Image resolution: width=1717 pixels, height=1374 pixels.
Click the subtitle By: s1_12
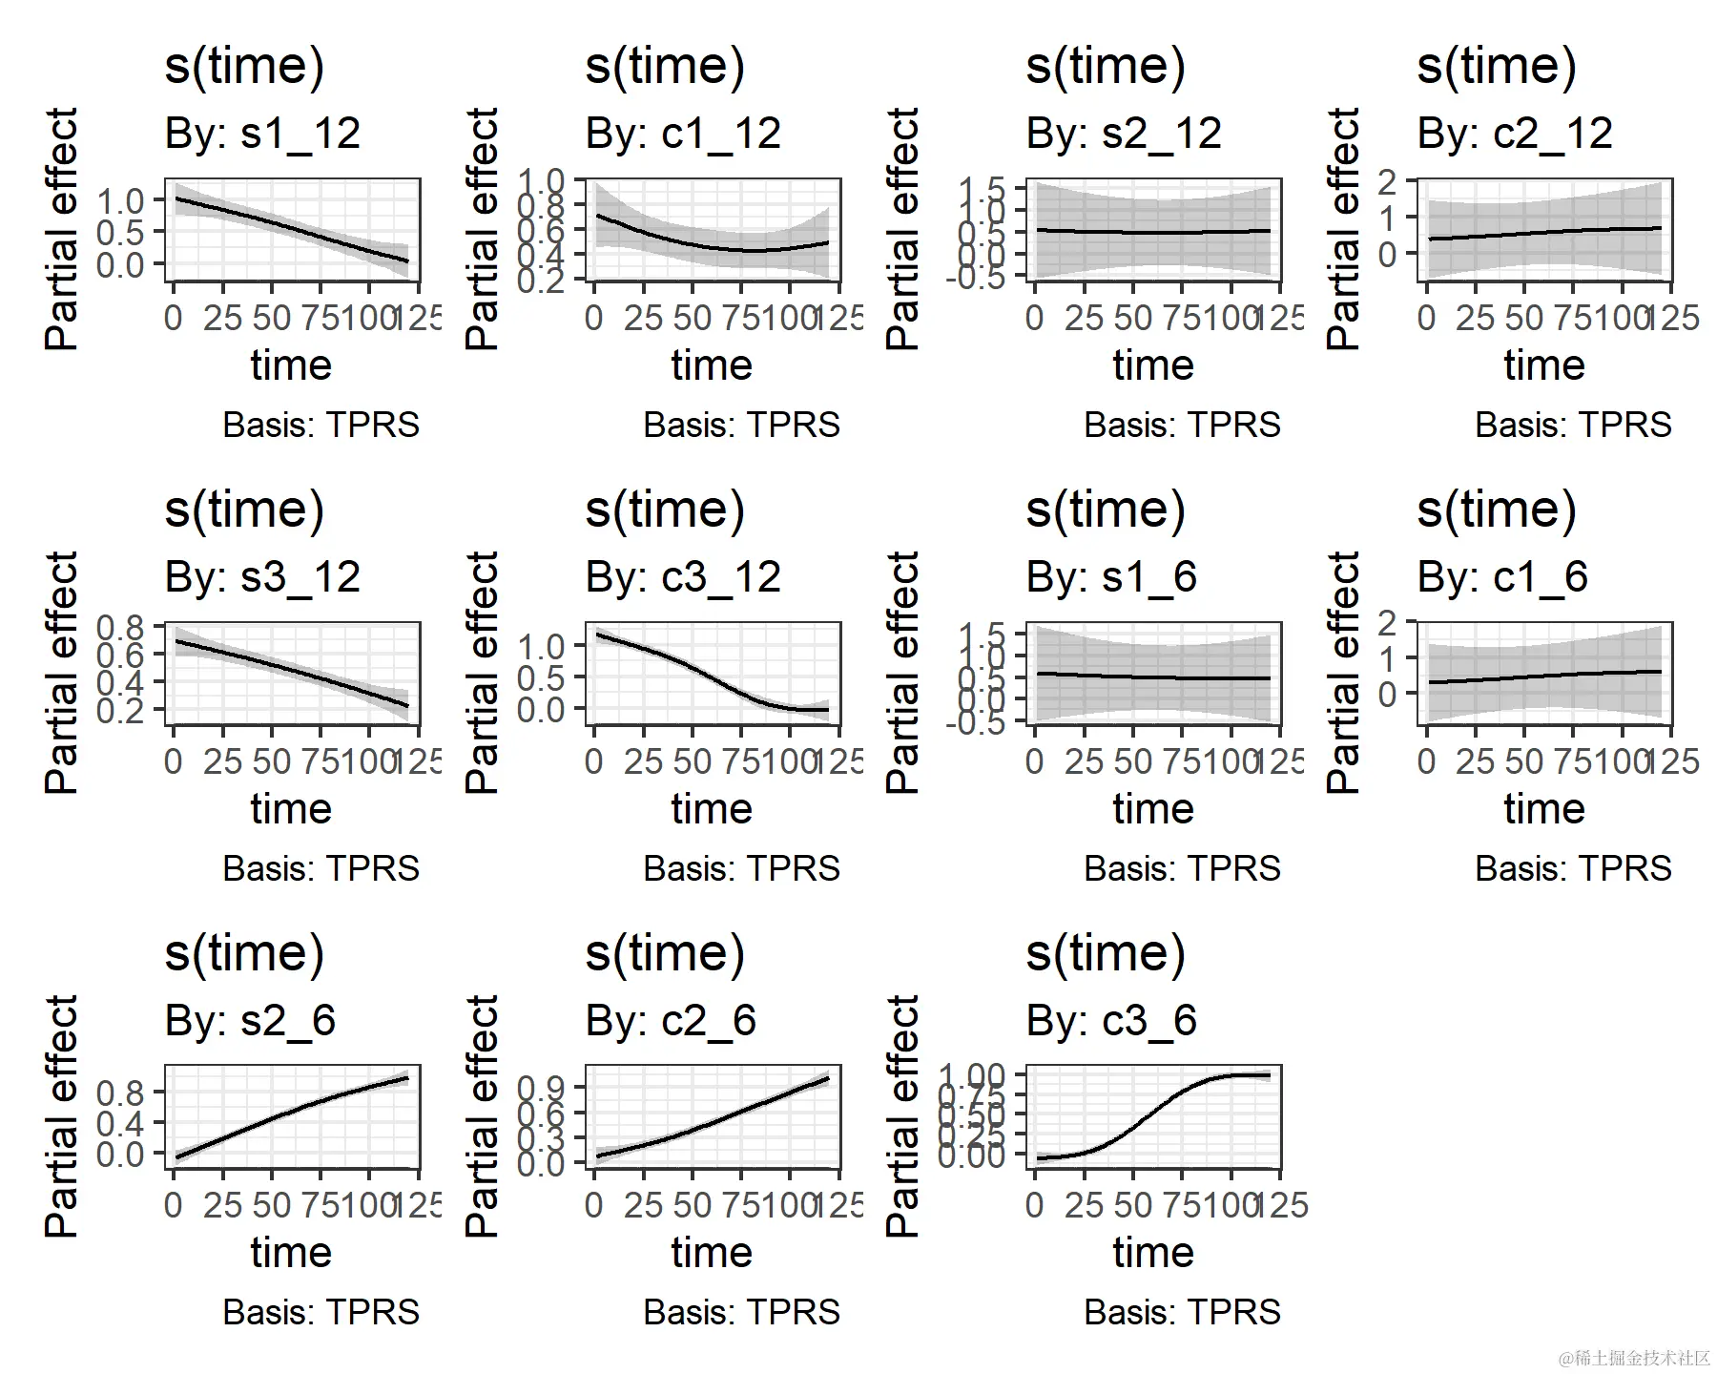click(x=262, y=134)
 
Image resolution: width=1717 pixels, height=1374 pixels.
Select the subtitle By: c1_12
click(x=683, y=134)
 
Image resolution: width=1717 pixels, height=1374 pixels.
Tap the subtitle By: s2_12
click(x=1124, y=134)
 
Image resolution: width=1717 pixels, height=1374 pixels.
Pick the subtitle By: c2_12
click(x=1515, y=134)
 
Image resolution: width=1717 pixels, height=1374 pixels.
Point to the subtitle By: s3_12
click(x=262, y=577)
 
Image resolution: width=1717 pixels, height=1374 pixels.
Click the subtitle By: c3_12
click(x=683, y=577)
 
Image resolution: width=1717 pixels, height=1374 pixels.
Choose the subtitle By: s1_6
click(x=1111, y=577)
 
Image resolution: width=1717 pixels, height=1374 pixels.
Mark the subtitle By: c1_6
click(x=1502, y=577)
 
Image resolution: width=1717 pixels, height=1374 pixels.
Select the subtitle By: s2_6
click(x=250, y=1021)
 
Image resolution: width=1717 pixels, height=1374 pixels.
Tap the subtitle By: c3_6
click(x=1111, y=1021)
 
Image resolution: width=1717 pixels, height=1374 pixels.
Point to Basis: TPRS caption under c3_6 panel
click(x=1182, y=1312)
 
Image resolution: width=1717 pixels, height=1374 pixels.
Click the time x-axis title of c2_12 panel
click(x=1544, y=365)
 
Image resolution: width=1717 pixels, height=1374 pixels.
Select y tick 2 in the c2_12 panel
click(x=1387, y=181)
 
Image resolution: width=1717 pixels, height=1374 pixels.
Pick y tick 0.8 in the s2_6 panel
click(x=120, y=1093)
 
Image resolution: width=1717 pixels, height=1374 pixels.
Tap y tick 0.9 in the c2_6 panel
click(x=541, y=1088)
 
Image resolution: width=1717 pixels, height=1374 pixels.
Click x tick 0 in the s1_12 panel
click(x=173, y=318)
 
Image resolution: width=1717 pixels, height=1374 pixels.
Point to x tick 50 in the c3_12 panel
click(x=692, y=761)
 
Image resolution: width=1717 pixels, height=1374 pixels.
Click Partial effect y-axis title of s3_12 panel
click(x=62, y=673)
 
